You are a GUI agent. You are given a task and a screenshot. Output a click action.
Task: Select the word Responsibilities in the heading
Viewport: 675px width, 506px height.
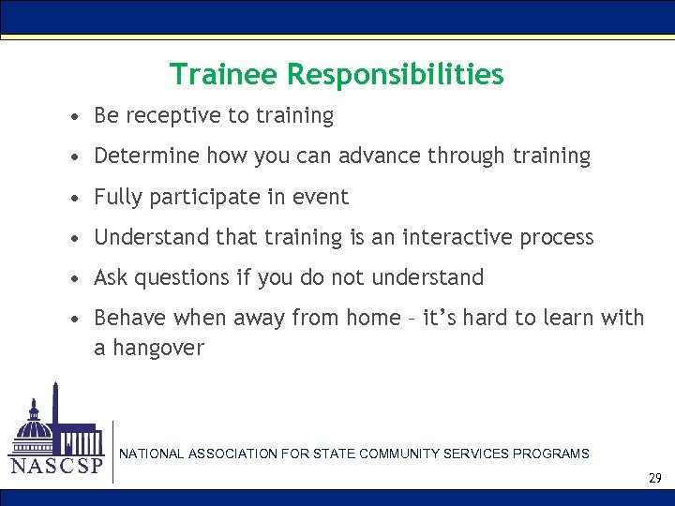point(396,74)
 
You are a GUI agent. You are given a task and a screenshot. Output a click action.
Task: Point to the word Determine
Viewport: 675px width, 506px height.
point(147,156)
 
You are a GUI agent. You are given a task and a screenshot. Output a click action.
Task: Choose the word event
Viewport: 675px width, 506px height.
point(323,198)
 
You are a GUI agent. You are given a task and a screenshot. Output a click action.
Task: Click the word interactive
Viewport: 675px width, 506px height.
point(456,238)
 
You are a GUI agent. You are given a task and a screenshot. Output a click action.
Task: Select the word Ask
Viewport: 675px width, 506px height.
point(112,278)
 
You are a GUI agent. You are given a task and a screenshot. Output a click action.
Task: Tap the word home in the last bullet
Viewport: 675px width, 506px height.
point(375,319)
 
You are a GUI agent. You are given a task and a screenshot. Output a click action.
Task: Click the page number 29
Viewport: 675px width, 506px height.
point(654,478)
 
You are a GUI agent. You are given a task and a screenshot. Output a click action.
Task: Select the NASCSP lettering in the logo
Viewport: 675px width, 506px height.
point(55,466)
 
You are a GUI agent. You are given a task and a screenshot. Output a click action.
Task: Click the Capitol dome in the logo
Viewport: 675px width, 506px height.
point(35,426)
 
